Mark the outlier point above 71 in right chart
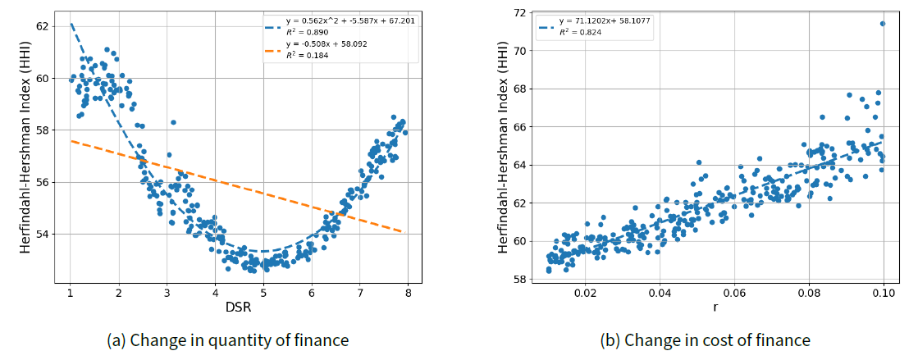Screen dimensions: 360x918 pos(883,24)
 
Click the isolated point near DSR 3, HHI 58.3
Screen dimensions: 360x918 pos(173,122)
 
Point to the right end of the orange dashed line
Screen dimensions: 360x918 pos(401,231)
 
